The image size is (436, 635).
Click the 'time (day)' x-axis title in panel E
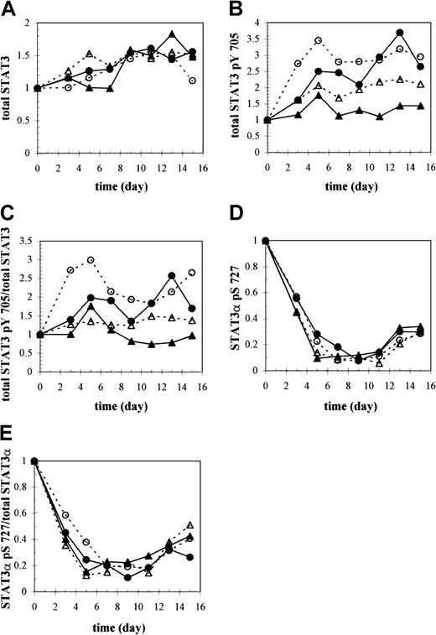[x=120, y=622]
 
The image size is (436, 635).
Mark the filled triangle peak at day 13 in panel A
[x=171, y=34]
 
